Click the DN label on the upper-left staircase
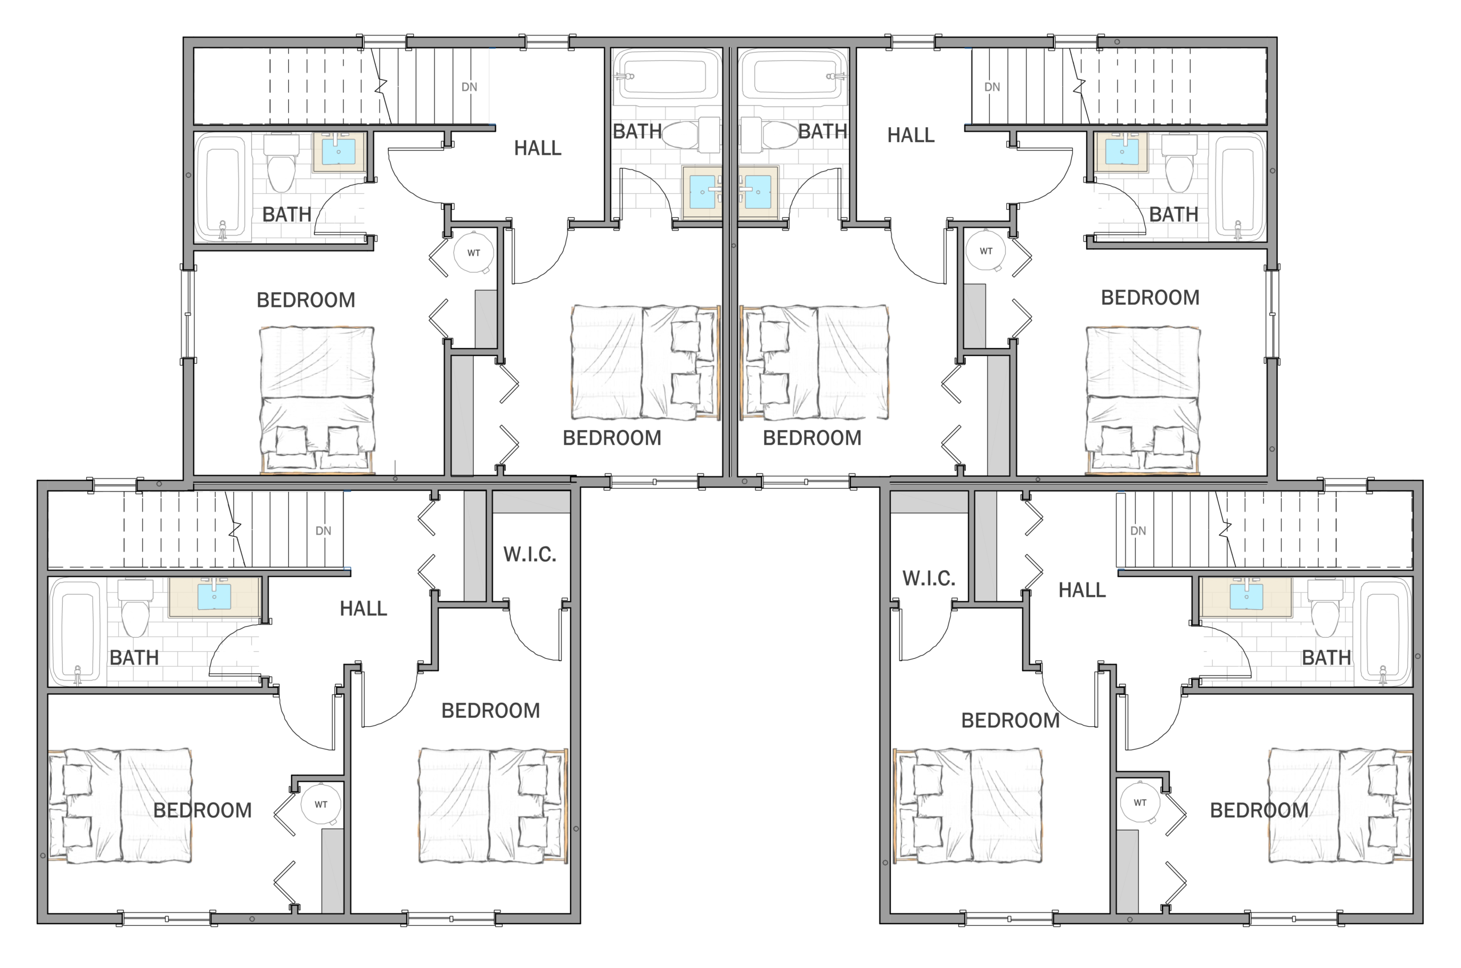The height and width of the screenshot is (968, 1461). click(469, 87)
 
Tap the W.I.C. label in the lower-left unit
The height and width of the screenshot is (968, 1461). click(530, 554)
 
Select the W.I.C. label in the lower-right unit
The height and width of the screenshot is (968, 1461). click(929, 578)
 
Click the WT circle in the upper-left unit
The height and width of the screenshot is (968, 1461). click(474, 253)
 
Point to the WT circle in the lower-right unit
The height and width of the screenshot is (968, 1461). click(1140, 803)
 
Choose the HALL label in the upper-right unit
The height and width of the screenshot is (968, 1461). click(911, 135)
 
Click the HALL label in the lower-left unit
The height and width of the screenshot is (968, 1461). click(363, 609)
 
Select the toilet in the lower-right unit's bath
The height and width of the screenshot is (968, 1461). click(1324, 610)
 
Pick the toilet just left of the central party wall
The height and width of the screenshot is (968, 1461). click(691, 135)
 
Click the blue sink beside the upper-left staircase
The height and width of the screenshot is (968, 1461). click(338, 151)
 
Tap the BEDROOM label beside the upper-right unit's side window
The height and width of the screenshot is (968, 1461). click(1151, 298)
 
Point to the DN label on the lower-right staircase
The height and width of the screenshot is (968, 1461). click(1138, 531)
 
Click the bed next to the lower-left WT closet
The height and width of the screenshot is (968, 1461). click(120, 805)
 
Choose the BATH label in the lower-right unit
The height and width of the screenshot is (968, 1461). click(1326, 658)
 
